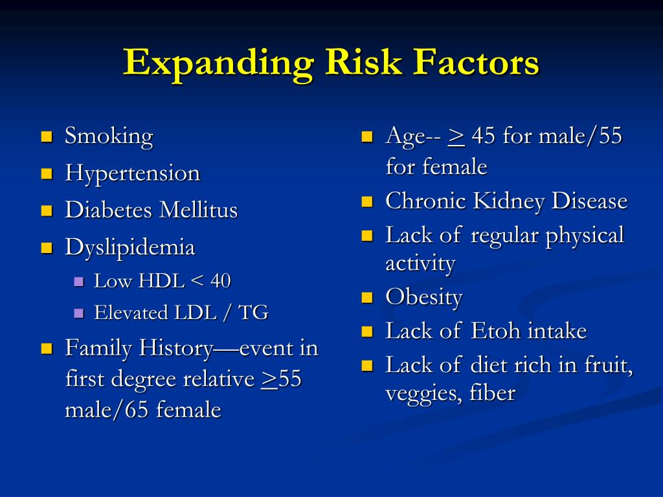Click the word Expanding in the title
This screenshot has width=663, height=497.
coord(218,64)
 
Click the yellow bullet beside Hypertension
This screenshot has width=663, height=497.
coord(47,173)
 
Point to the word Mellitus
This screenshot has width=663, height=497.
coord(199,210)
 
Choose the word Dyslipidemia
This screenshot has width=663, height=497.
coord(129,248)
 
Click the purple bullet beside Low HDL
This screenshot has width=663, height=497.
coord(78,282)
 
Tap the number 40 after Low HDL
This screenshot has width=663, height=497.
coord(220,281)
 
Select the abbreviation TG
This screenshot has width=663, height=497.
coord(253,313)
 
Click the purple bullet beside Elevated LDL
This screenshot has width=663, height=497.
coord(78,313)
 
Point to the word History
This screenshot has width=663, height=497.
coord(176,349)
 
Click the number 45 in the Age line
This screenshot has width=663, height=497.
coord(483,136)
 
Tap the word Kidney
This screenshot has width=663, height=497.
coord(508,201)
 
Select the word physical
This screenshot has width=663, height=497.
coord(585,236)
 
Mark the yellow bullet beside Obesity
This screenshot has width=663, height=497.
coord(367,298)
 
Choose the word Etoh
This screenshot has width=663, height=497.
coord(495,331)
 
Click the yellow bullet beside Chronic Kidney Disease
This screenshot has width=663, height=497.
coord(367,201)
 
